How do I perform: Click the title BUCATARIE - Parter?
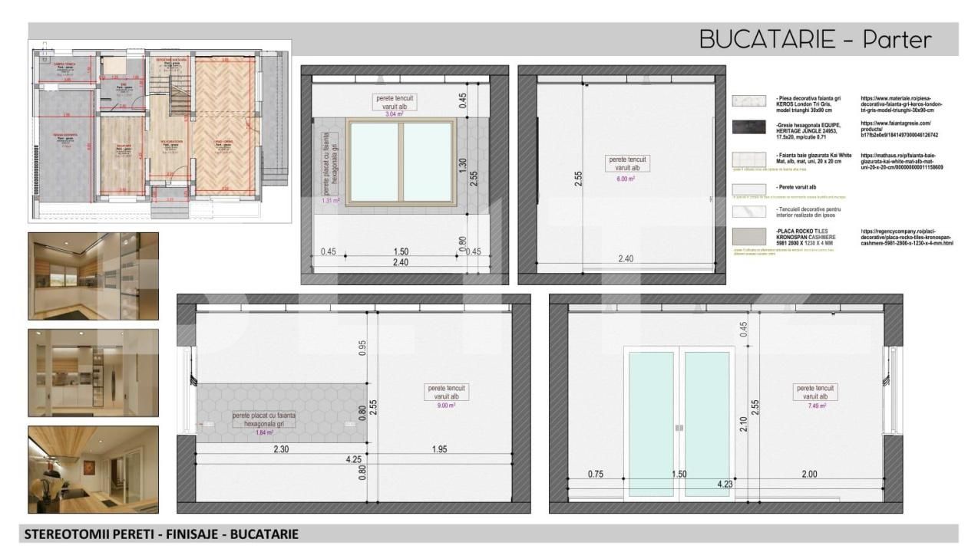coord(814,40)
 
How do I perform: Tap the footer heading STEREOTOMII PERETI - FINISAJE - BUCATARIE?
coord(161,534)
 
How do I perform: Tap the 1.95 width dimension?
coord(439,449)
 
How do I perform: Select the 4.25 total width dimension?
coord(353,460)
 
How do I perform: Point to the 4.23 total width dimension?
coord(725,484)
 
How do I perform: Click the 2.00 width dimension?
coord(809,475)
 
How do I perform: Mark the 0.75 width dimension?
coord(596,475)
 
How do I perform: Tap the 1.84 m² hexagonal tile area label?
coord(264,432)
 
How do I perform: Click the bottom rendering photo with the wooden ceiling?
coord(94,469)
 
